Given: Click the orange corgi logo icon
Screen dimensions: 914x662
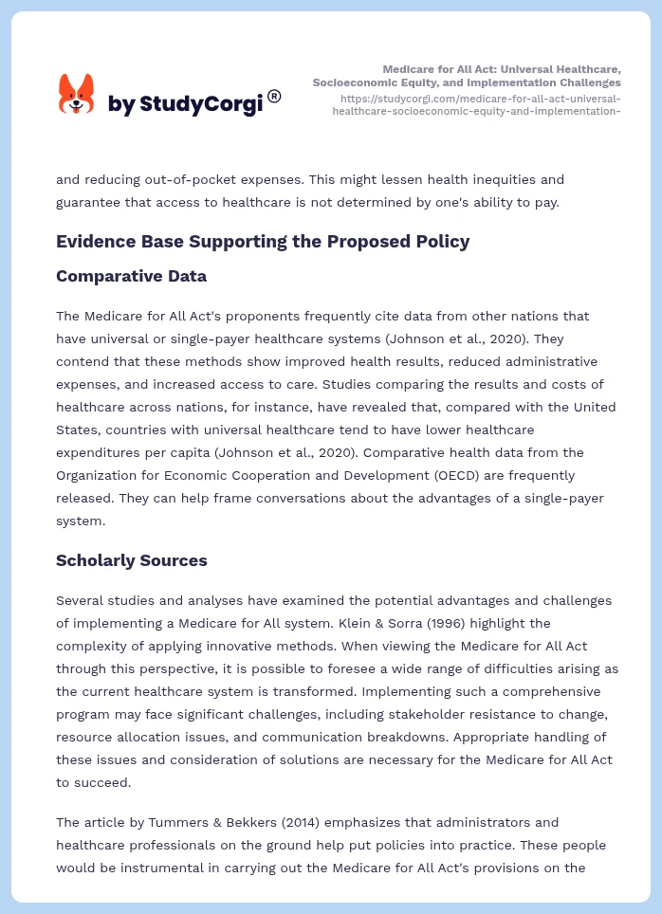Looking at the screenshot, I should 77,95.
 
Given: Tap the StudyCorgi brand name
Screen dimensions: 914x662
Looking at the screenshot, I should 185,104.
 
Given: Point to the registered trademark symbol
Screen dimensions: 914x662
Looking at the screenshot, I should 274,96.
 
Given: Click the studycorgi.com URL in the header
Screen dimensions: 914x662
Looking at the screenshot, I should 479,104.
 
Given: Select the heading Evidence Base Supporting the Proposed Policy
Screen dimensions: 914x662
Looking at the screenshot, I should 263,241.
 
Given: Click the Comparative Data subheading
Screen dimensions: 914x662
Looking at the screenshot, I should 131,276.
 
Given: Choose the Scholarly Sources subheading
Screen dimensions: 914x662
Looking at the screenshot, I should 131,560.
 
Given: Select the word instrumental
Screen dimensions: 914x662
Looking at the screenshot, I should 136,868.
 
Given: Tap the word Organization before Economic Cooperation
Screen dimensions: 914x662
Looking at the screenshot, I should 101,475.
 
